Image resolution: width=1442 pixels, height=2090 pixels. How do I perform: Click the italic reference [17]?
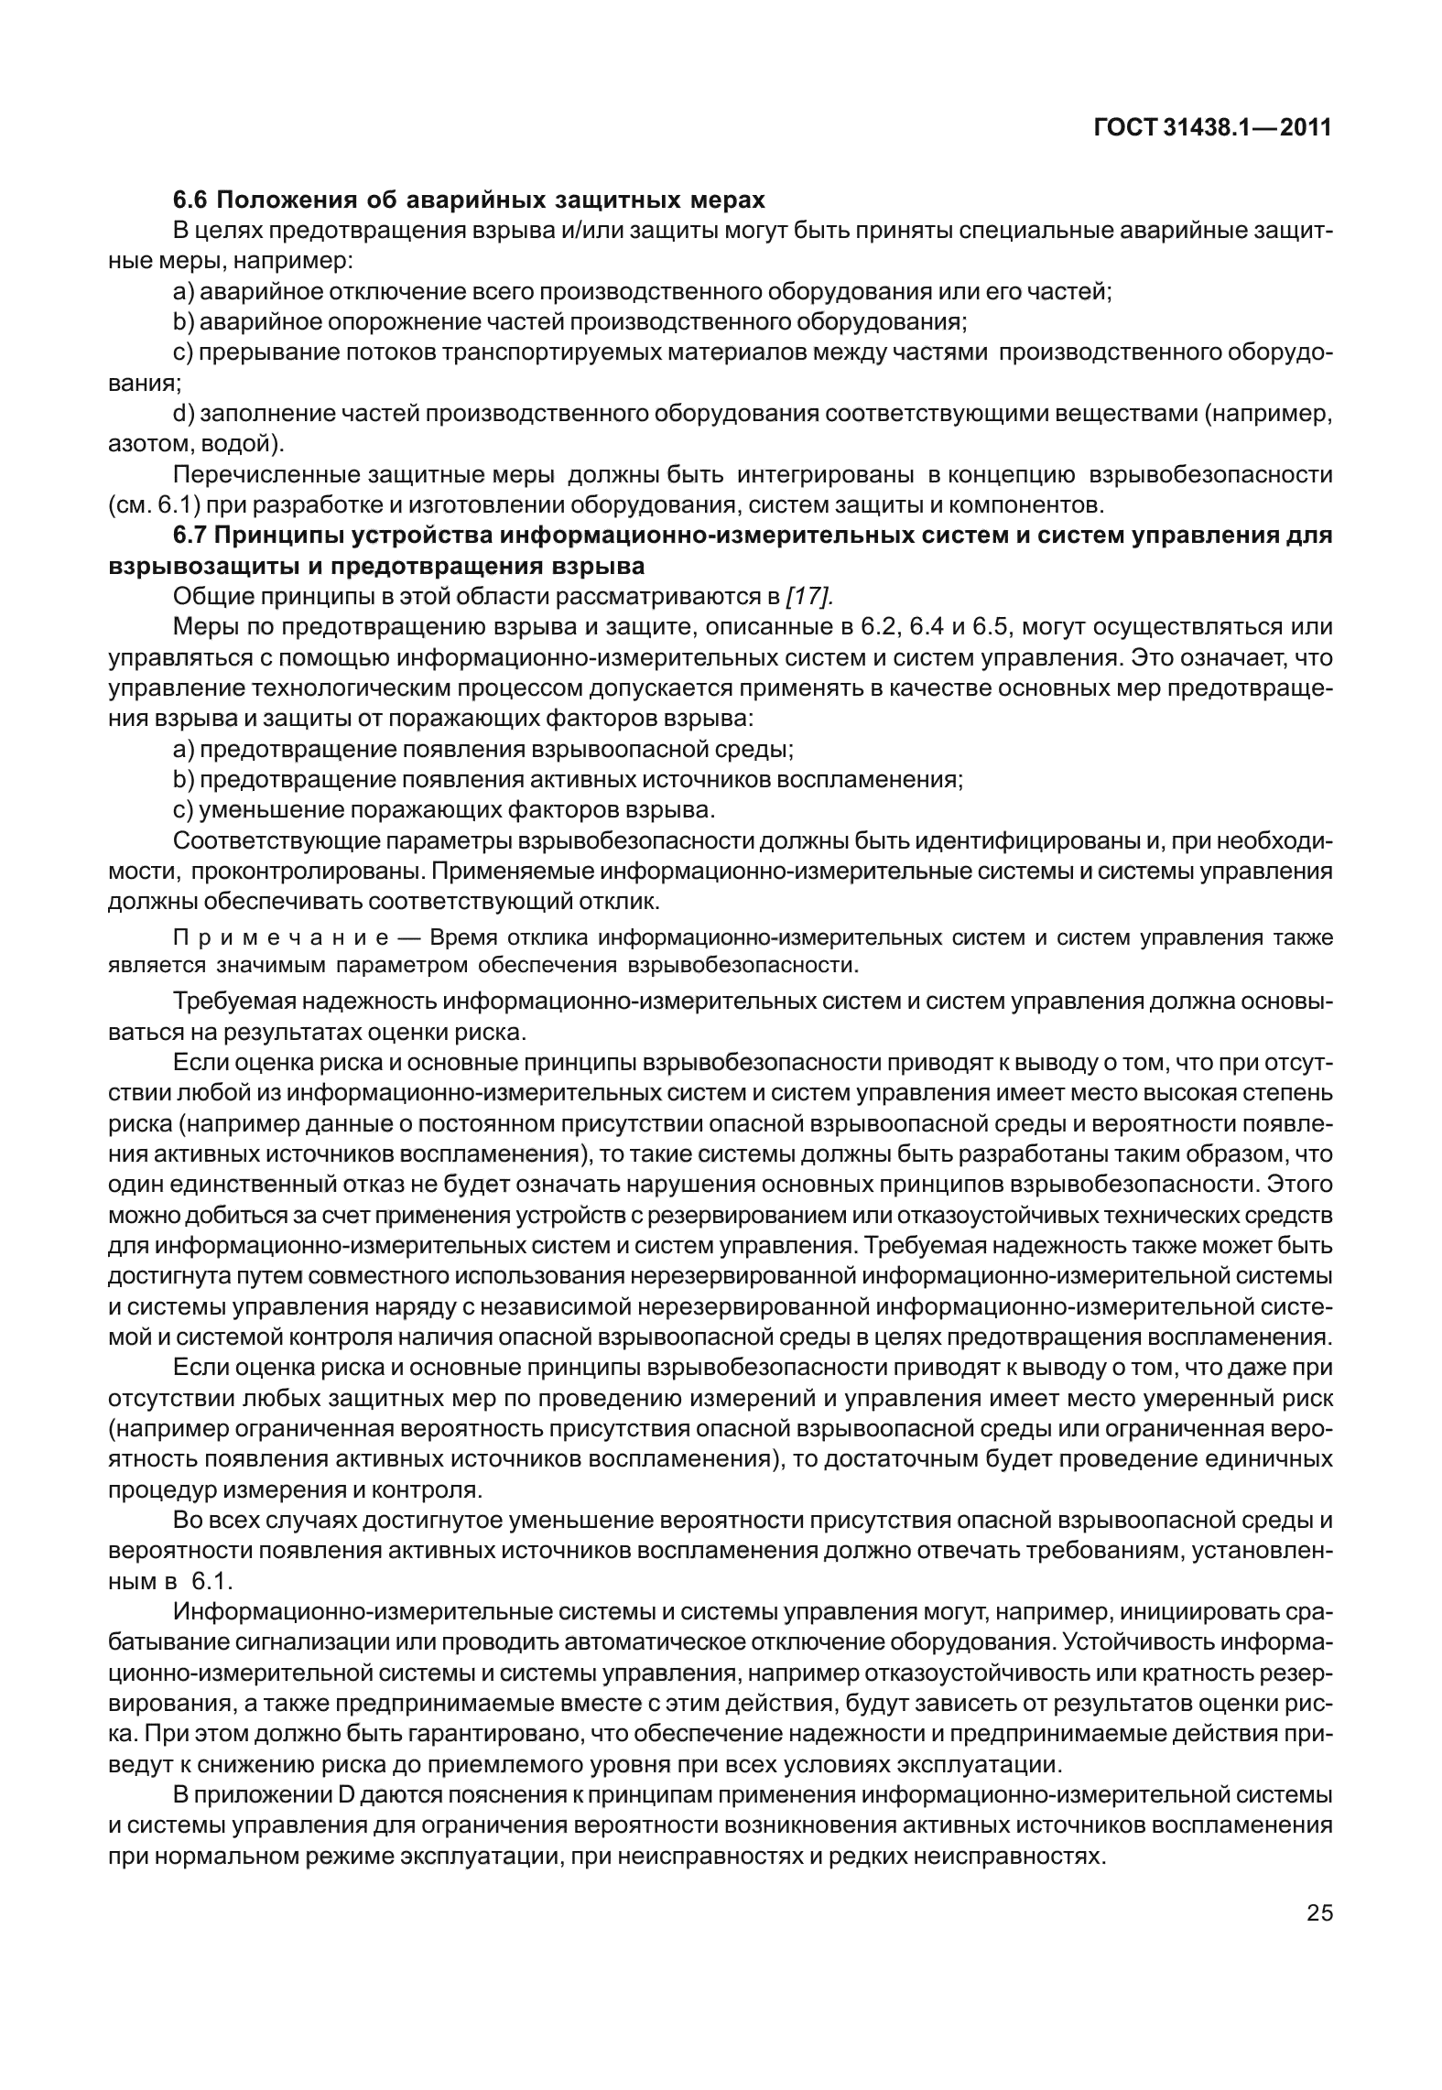point(809,597)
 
